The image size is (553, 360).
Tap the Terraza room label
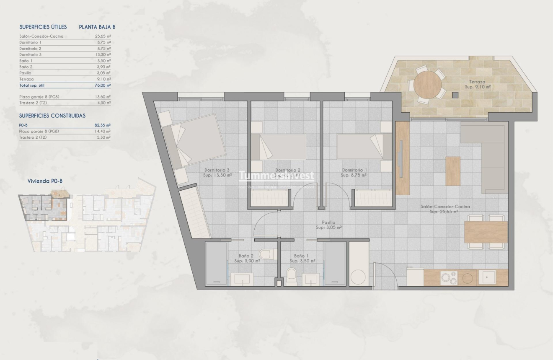[x=477, y=82]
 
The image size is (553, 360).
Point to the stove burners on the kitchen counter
[x=448, y=277]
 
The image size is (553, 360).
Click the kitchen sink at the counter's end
[x=488, y=277]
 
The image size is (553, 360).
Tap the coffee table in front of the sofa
[x=452, y=171]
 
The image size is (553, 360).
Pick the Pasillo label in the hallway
[x=328, y=223]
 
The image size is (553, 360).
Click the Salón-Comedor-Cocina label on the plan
[x=445, y=207]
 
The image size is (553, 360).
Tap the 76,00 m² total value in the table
[x=103, y=85]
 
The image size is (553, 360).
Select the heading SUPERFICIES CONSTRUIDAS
[x=52, y=116]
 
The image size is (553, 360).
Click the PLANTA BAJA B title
[x=97, y=27]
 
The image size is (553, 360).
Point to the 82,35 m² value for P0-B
[x=103, y=125]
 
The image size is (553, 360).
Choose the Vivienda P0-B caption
[x=45, y=181]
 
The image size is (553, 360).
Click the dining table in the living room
[x=486, y=232]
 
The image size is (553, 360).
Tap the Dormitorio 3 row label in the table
[x=31, y=54]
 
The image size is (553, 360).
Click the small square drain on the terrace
[x=455, y=95]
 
